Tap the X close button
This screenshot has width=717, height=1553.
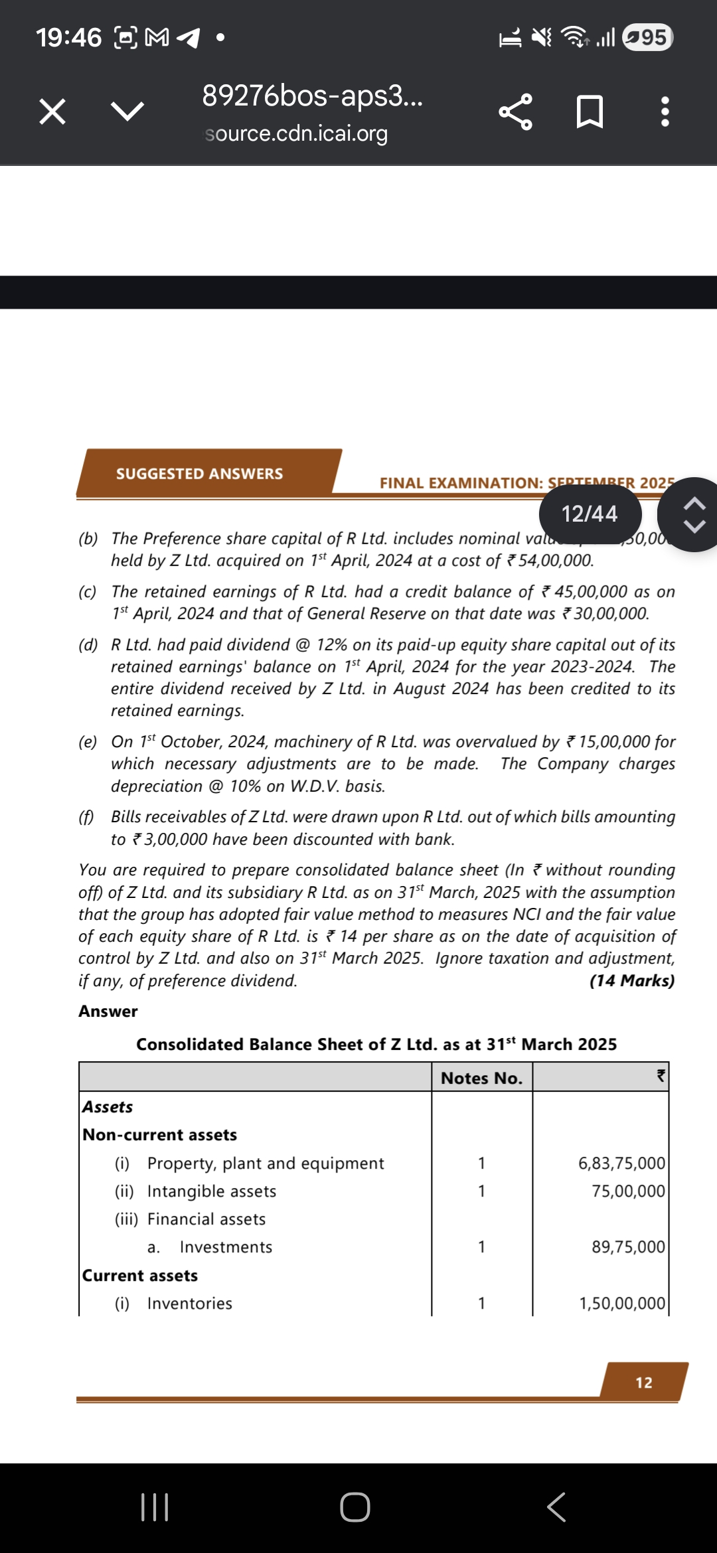52,111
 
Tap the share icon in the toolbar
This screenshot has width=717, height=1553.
515,111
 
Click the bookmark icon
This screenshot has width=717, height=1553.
590,111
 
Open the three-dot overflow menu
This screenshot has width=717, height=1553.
665,111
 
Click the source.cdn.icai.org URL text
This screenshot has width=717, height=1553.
296,134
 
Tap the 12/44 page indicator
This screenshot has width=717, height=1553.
590,514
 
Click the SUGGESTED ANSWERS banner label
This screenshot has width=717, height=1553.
199,474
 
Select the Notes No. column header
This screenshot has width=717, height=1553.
481,1078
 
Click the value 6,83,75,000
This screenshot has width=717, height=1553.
621,1163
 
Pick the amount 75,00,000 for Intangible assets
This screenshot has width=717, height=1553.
628,1191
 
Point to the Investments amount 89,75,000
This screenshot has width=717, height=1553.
628,1247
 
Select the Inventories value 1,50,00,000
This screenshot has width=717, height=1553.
622,1303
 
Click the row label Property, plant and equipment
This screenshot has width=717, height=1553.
266,1163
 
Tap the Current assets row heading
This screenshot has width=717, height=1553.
140,1276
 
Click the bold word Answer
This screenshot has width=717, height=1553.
108,1011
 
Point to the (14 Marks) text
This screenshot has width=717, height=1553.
631,981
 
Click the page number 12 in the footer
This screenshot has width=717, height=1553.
644,1383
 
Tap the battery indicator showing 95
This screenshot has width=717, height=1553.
648,37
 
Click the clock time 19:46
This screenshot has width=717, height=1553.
69,38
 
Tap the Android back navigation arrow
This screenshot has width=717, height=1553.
556,1507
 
